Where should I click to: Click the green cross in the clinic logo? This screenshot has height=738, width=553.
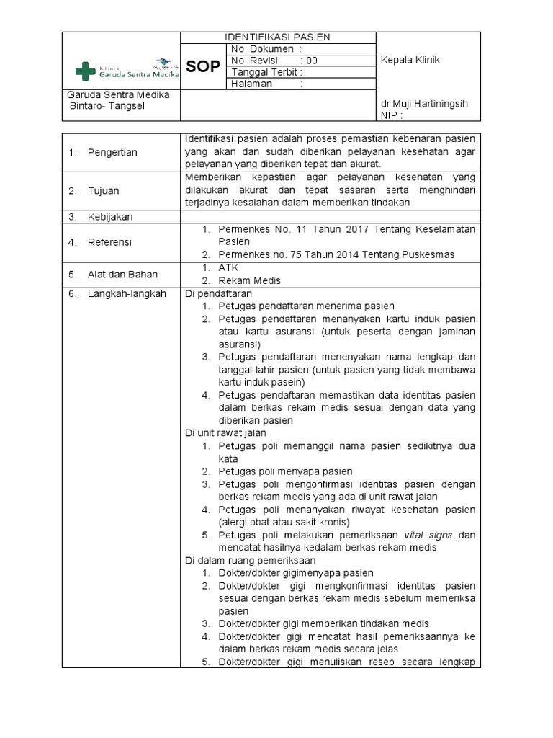coord(86,71)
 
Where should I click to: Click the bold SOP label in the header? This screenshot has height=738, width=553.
coord(202,67)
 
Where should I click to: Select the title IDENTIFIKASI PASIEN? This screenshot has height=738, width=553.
coord(277,37)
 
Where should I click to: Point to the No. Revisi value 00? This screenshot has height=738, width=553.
coord(311,61)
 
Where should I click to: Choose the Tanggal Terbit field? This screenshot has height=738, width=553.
coord(267,72)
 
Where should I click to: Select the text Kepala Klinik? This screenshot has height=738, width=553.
coord(410,61)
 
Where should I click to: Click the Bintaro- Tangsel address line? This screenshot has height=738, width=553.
coord(107,107)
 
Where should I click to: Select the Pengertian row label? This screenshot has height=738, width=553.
coord(112,152)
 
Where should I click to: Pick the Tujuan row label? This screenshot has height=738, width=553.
coord(104,191)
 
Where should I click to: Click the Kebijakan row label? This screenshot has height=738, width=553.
coord(110,217)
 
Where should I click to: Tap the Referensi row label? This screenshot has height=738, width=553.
coord(110,243)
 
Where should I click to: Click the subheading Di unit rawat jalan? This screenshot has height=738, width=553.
coord(225,433)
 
